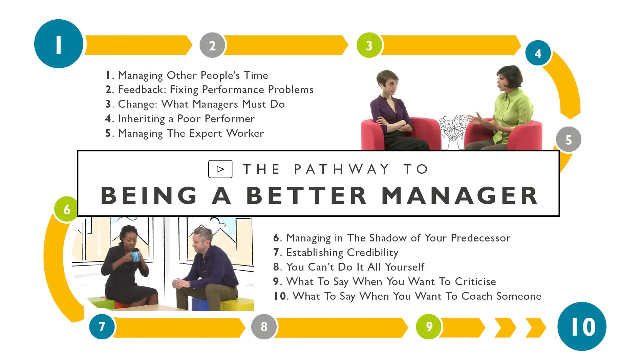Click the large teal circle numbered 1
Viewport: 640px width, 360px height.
pyautogui.click(x=59, y=44)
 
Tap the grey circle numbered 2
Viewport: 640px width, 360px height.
pyautogui.click(x=212, y=45)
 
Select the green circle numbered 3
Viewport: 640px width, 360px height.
pyautogui.click(x=369, y=45)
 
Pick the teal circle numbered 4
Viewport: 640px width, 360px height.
pyautogui.click(x=538, y=53)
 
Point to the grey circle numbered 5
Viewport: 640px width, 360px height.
pyautogui.click(x=569, y=139)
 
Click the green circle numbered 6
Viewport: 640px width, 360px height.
pyautogui.click(x=66, y=209)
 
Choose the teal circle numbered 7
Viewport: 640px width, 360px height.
pyautogui.click(x=102, y=326)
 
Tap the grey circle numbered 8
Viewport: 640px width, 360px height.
pyautogui.click(x=264, y=326)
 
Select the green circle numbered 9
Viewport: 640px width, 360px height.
pyautogui.click(x=429, y=326)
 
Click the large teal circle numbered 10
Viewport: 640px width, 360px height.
pyautogui.click(x=582, y=326)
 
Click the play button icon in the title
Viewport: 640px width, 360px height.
pyautogui.click(x=220, y=169)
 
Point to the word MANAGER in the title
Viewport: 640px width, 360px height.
pyautogui.click(x=460, y=195)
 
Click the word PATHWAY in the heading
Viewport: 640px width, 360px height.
pyautogui.click(x=342, y=169)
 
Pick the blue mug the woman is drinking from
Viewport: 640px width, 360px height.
pyautogui.click(x=135, y=256)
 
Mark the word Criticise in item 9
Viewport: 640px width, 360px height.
pyautogui.click(x=475, y=281)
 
